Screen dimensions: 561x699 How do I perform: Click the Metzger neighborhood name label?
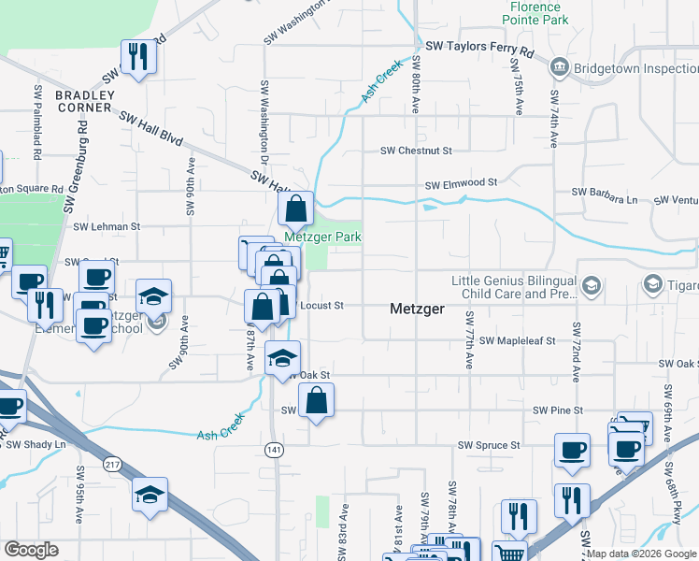coord(416,308)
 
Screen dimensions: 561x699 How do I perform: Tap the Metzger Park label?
coord(322,237)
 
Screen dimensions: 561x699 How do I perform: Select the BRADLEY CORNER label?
coord(84,101)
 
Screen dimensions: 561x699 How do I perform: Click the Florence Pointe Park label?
coord(536,12)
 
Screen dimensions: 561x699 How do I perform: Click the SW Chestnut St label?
coord(416,151)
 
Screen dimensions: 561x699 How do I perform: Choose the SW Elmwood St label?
coord(461,185)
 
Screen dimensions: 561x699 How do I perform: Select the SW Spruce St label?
coord(488,446)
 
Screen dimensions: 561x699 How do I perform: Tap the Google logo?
coord(31,550)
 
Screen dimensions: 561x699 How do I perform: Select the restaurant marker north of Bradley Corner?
coord(138,58)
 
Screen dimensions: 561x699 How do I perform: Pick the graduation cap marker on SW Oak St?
coord(282,359)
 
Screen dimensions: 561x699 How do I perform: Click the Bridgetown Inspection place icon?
coord(560,66)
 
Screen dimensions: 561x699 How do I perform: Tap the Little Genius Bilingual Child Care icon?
coord(591,284)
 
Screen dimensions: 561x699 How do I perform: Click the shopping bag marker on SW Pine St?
coord(317,402)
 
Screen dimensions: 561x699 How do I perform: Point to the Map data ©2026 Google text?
coord(641,554)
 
